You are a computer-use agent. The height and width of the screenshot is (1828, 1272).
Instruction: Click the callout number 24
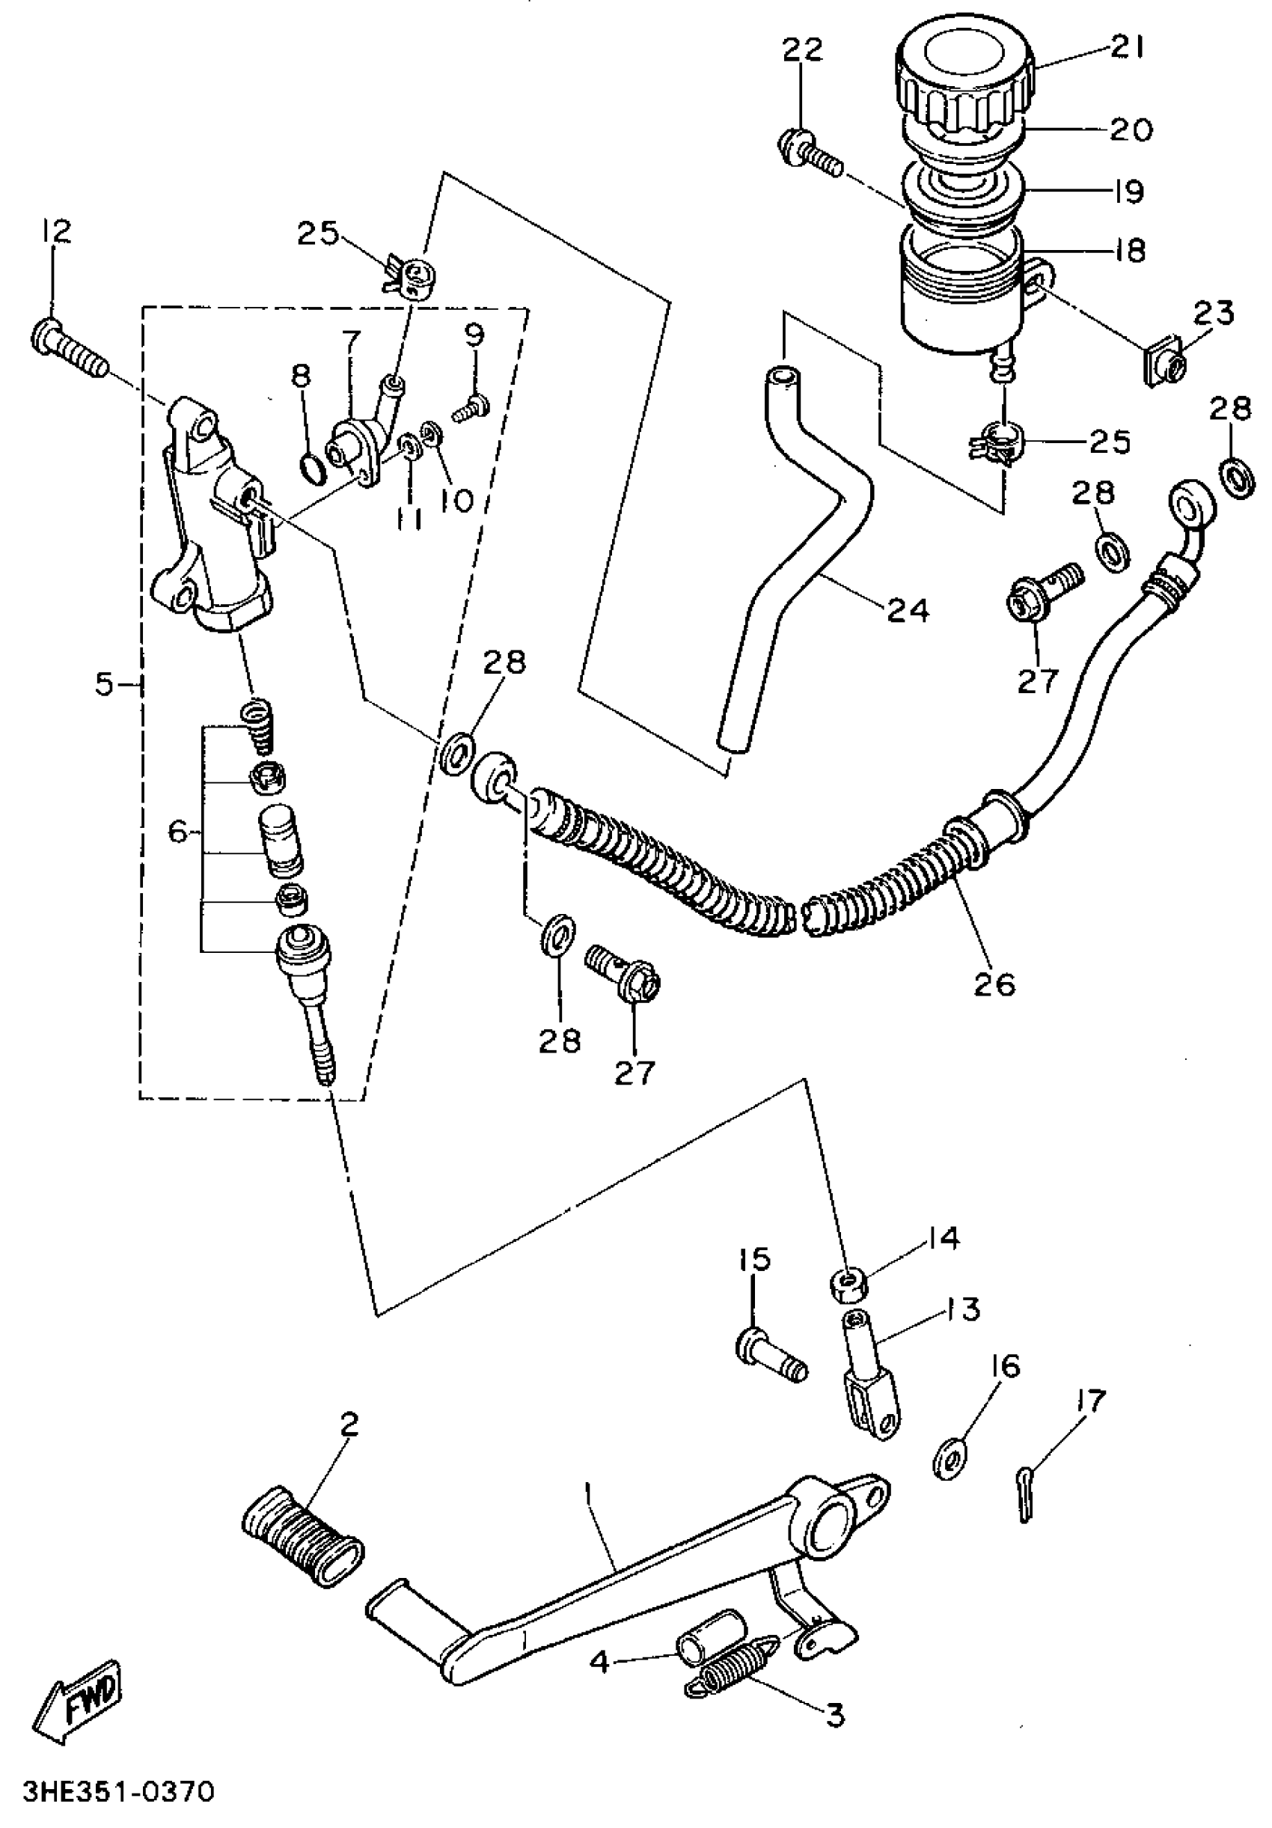click(908, 611)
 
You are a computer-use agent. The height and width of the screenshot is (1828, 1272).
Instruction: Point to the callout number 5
click(104, 684)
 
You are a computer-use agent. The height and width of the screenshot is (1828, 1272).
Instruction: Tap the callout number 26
click(994, 984)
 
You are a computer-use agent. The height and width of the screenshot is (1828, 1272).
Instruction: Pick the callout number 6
click(179, 833)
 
